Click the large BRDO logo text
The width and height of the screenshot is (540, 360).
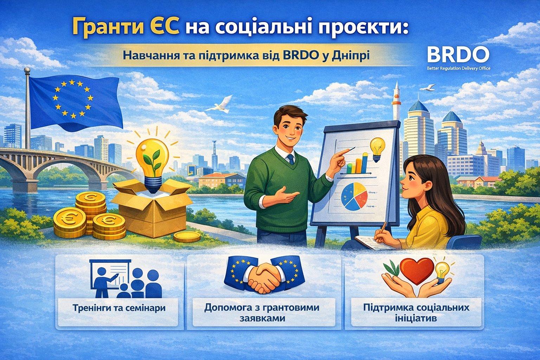(x=458, y=54)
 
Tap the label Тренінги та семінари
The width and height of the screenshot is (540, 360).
(x=119, y=308)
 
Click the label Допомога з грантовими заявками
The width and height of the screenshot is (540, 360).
(x=262, y=313)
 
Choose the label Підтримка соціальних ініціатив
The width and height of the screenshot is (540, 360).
(x=416, y=313)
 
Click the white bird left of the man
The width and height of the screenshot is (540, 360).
(x=219, y=105)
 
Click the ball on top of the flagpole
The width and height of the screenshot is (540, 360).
(x=27, y=70)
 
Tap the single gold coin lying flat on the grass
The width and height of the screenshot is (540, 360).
(x=187, y=237)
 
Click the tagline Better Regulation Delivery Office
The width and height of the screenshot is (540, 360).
(x=458, y=69)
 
